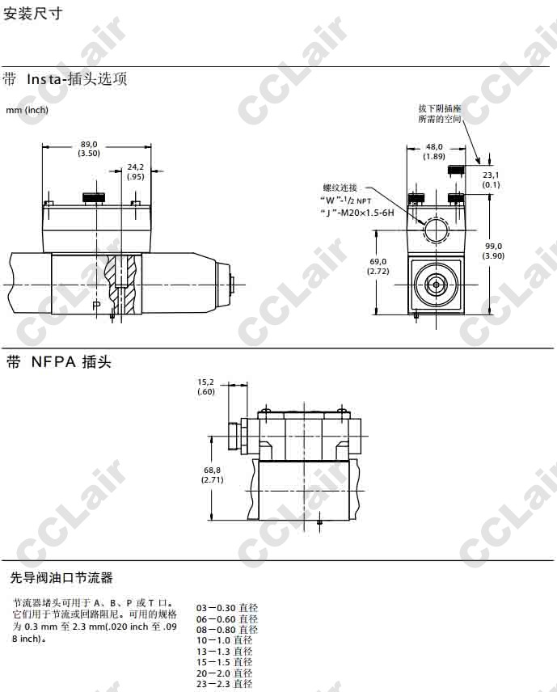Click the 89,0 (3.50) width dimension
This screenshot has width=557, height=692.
coord(89,149)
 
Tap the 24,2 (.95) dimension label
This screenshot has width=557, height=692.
coord(136,171)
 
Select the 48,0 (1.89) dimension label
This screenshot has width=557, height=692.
coord(434,151)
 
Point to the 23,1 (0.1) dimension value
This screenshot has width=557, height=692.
coord(491,179)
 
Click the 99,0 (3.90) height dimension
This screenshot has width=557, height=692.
coord(493,251)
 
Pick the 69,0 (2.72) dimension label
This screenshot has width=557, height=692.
coord(378,266)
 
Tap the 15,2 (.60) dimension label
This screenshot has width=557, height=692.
coord(206,387)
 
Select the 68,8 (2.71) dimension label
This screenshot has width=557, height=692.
coord(213,475)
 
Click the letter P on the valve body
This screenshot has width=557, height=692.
coord(97,305)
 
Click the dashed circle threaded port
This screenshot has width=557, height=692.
coord(436,230)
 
